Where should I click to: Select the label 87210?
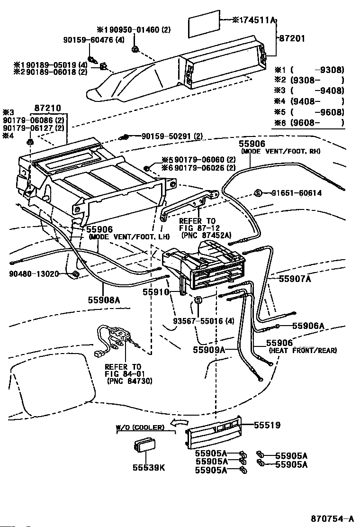[48, 109]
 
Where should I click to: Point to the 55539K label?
[149, 468]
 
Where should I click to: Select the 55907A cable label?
[294, 280]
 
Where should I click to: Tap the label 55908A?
[104, 300]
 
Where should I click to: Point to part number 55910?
[156, 292]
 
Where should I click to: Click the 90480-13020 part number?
[34, 274]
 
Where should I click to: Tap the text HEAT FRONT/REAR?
[303, 351]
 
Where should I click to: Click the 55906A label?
[308, 326]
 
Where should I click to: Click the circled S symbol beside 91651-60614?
[258, 193]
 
